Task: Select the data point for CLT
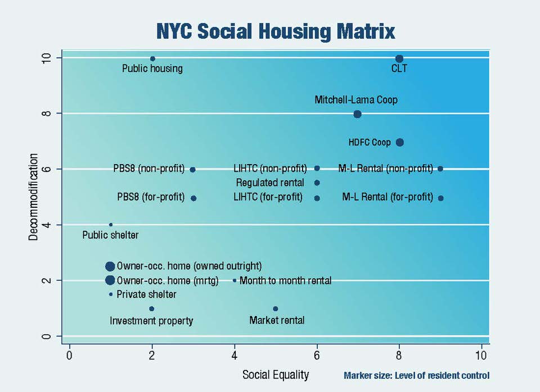(399, 58)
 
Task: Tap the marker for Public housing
(152, 58)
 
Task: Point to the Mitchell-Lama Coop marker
(357, 114)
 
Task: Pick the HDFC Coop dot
(399, 142)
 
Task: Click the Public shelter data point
(111, 225)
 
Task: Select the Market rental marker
(275, 308)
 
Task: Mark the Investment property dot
(152, 308)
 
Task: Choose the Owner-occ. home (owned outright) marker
(110, 266)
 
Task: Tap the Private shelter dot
(111, 294)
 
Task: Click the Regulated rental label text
(270, 183)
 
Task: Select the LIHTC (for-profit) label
(268, 197)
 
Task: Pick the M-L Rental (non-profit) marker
(440, 168)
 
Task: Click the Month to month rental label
(285, 280)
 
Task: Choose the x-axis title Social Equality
(275, 374)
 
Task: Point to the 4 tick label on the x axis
(234, 355)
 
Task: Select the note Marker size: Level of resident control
(416, 376)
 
